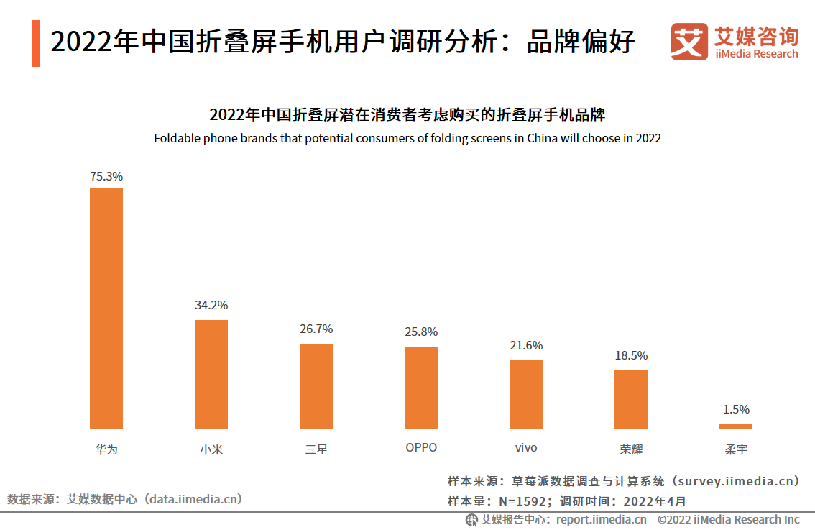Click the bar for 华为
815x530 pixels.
[106, 309]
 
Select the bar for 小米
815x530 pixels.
[211, 374]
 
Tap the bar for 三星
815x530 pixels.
[316, 386]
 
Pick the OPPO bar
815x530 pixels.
[421, 388]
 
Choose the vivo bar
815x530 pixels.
[526, 394]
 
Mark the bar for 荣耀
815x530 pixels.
[631, 399]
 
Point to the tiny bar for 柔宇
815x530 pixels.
[736, 426]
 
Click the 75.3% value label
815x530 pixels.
[106, 176]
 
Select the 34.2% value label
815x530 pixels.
[211, 305]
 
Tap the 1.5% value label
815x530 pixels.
[736, 409]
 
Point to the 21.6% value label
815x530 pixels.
[526, 346]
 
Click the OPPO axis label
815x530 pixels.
[421, 447]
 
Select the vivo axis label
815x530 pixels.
[526, 448]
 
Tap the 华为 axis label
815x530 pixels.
[106, 449]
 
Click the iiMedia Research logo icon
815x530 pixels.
[689, 42]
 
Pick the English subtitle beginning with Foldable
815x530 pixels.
[407, 138]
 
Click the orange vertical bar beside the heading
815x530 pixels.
[36, 43]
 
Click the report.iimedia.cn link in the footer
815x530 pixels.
[601, 519]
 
